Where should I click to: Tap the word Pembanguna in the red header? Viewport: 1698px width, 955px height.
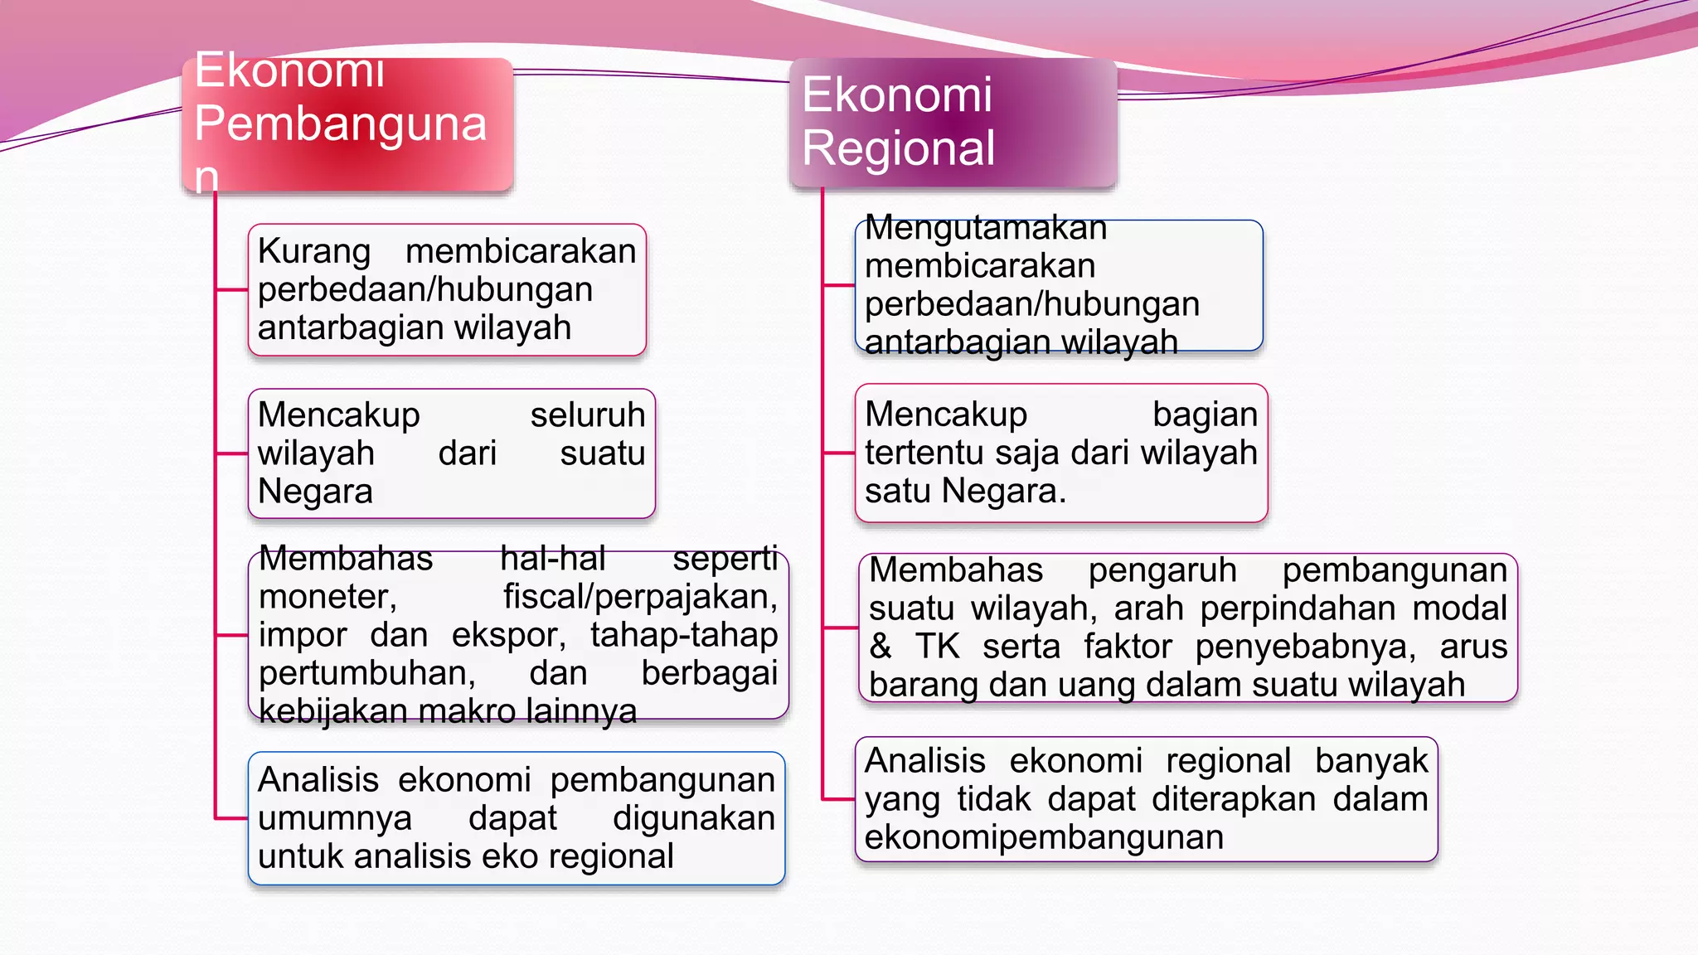pos(340,124)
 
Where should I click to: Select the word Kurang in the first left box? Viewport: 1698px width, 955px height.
pos(313,252)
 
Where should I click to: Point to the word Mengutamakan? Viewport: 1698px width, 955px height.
pos(986,228)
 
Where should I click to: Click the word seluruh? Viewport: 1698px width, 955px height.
pos(587,415)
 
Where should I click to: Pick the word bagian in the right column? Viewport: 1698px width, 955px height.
pos(1205,414)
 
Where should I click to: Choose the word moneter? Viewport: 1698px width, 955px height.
pos(327,597)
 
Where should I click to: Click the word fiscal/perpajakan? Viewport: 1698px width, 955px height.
pos(640,597)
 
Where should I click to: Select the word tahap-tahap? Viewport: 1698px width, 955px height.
pos(684,635)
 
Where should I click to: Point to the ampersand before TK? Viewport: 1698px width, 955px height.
pos(881,647)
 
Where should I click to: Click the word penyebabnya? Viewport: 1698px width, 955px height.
pos(1305,647)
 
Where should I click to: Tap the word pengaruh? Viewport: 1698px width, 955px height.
pos(1162,570)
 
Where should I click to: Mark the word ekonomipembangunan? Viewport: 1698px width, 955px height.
pos(1044,837)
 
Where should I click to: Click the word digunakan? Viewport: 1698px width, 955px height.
pos(694,819)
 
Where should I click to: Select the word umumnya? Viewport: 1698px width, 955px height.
pos(334,819)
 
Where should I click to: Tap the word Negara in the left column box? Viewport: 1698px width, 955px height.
pos(315,492)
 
